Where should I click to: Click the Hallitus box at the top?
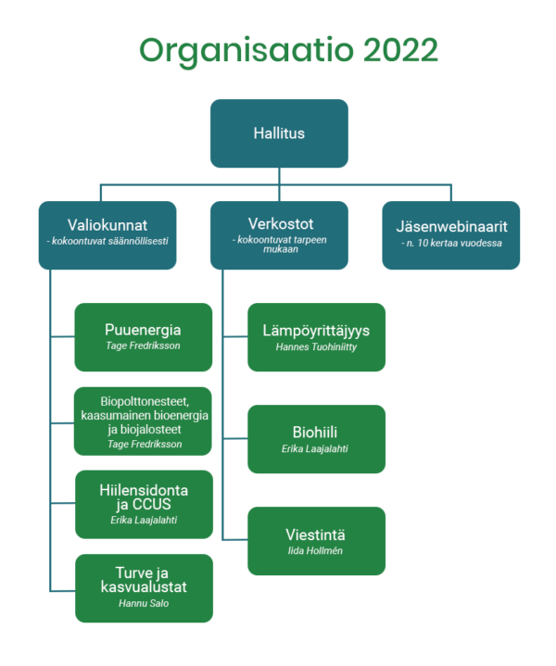click(x=279, y=133)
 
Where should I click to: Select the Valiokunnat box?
click(x=107, y=235)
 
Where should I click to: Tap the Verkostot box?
click(x=279, y=235)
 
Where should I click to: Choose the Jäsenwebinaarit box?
click(x=451, y=235)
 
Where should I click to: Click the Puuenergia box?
click(x=144, y=337)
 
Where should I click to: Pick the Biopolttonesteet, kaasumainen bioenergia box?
click(x=143, y=421)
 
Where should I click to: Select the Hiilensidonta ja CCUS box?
click(x=145, y=505)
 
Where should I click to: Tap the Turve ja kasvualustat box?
click(x=145, y=588)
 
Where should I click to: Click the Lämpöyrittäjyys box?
click(x=317, y=337)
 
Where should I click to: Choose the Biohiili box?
click(x=317, y=439)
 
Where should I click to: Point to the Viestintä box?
click(x=317, y=541)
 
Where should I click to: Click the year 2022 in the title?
click(x=400, y=50)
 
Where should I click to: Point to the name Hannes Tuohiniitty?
click(x=316, y=347)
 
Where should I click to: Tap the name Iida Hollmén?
click(x=315, y=551)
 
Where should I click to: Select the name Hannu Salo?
click(x=144, y=603)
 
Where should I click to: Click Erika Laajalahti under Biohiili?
click(x=314, y=449)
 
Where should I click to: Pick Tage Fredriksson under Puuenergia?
click(x=144, y=346)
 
